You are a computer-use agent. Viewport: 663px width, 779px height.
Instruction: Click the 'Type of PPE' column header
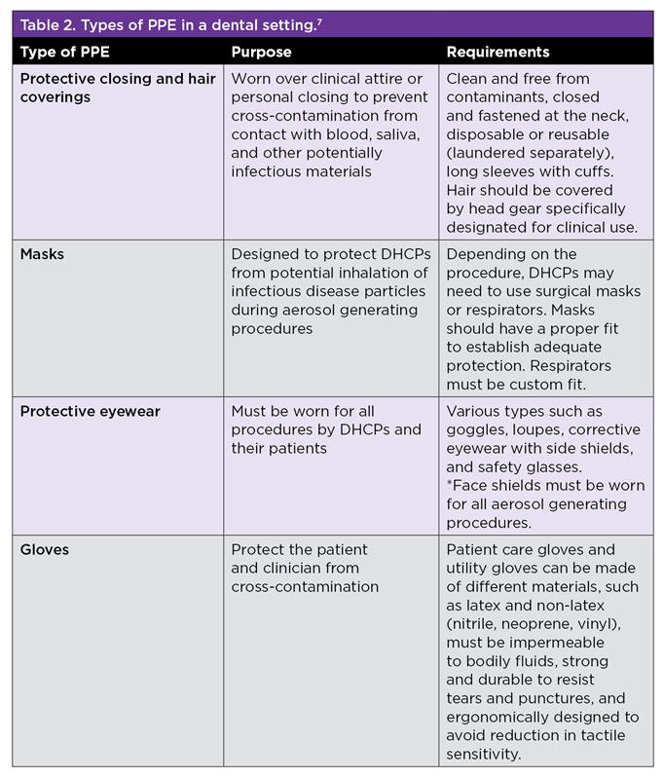[64, 52]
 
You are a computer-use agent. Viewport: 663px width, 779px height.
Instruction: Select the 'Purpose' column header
[261, 52]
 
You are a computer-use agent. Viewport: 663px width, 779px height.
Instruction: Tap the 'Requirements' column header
[497, 52]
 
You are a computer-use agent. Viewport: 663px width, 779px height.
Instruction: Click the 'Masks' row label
[44, 254]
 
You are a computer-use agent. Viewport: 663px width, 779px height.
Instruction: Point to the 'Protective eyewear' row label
[91, 411]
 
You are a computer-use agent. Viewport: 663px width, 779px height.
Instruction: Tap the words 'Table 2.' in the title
[51, 24]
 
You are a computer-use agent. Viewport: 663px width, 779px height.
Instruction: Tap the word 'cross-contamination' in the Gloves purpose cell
[305, 587]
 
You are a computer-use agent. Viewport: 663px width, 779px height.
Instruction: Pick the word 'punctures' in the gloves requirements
[561, 698]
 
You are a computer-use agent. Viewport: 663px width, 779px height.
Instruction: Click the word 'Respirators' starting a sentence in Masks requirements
[584, 365]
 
